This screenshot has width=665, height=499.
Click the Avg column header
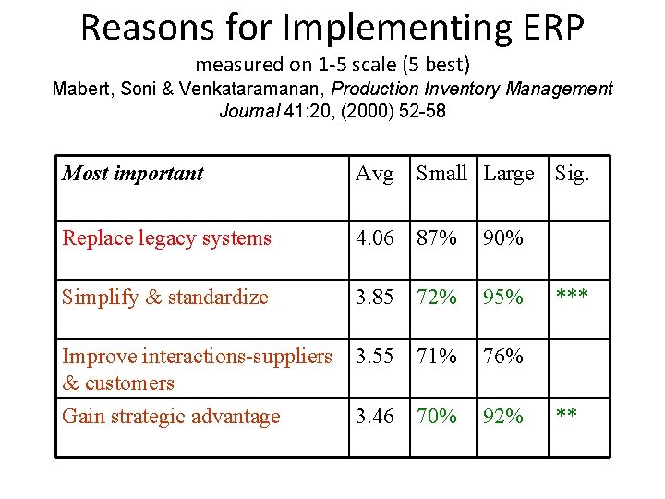click(x=375, y=174)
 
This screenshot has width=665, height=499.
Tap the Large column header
click(x=509, y=174)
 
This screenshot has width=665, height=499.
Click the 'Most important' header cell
click(x=133, y=174)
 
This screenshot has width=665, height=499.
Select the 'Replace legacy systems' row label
click(x=167, y=238)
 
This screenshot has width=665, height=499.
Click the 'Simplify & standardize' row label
click(x=165, y=298)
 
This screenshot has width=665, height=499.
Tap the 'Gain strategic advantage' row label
click(x=171, y=417)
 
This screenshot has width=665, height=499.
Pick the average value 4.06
click(x=376, y=238)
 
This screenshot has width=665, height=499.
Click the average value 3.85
click(x=376, y=298)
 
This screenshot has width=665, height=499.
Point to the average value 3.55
click(x=376, y=357)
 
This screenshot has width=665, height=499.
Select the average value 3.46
click(x=376, y=417)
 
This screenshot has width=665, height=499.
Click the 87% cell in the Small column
click(x=437, y=238)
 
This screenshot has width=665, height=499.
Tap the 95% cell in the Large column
click(x=503, y=298)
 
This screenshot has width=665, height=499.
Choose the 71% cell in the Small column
click(x=437, y=357)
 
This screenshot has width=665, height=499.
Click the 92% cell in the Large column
click(x=503, y=417)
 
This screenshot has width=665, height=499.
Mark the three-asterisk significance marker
click(x=573, y=296)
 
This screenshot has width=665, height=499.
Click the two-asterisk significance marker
click(x=567, y=415)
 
